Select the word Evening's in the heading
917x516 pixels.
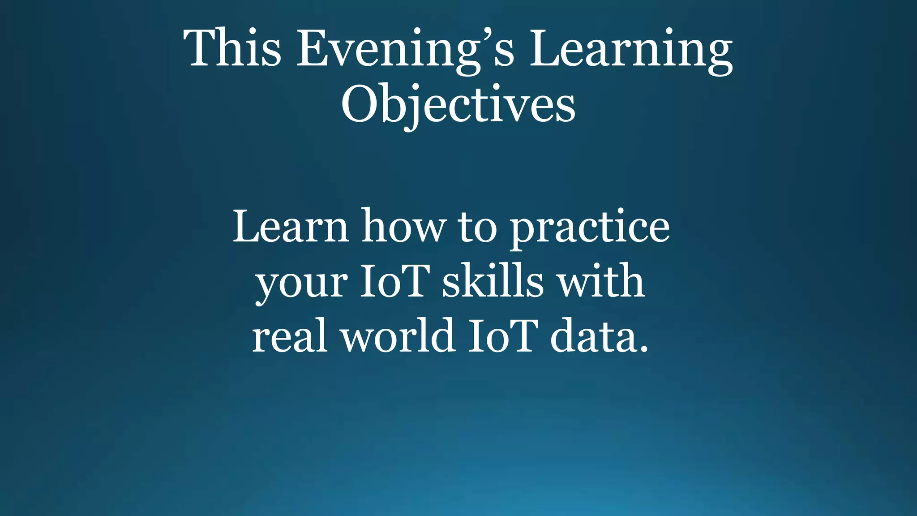click(405, 49)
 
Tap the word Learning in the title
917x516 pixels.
click(631, 49)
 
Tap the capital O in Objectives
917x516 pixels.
click(361, 104)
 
